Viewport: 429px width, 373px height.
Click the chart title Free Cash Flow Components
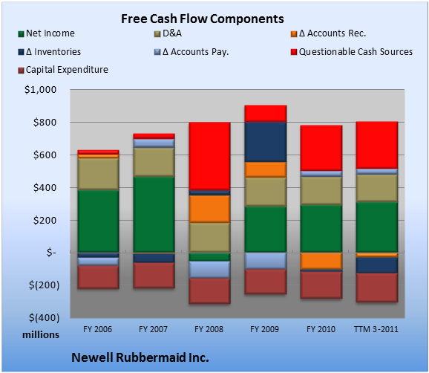(x=203, y=19)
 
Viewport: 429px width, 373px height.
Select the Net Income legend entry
(x=47, y=33)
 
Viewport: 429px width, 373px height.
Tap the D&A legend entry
(x=168, y=33)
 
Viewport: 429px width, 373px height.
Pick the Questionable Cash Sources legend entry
(x=352, y=52)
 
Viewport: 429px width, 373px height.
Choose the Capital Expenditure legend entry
(x=63, y=70)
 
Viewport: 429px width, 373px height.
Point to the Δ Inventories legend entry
(x=50, y=52)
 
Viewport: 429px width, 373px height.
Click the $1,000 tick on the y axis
(x=40, y=90)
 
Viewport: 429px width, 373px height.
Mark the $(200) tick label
(x=44, y=285)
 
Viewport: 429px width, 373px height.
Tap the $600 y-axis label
(x=45, y=155)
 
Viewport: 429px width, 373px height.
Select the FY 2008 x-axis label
(x=209, y=329)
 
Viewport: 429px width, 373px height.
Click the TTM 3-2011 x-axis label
(x=376, y=329)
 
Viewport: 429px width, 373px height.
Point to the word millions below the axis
(x=41, y=334)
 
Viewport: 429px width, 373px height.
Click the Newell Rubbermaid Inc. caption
(x=140, y=357)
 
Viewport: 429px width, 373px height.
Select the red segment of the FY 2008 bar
(x=209, y=156)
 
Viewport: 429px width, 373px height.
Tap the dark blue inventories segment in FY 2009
(x=266, y=142)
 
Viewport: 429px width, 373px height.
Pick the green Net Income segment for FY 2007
(x=154, y=215)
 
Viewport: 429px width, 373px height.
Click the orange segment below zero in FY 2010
(x=321, y=261)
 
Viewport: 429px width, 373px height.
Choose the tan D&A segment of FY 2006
(x=98, y=174)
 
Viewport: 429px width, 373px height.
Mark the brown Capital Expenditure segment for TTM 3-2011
(x=377, y=288)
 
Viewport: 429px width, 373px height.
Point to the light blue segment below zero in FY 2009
(x=266, y=261)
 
